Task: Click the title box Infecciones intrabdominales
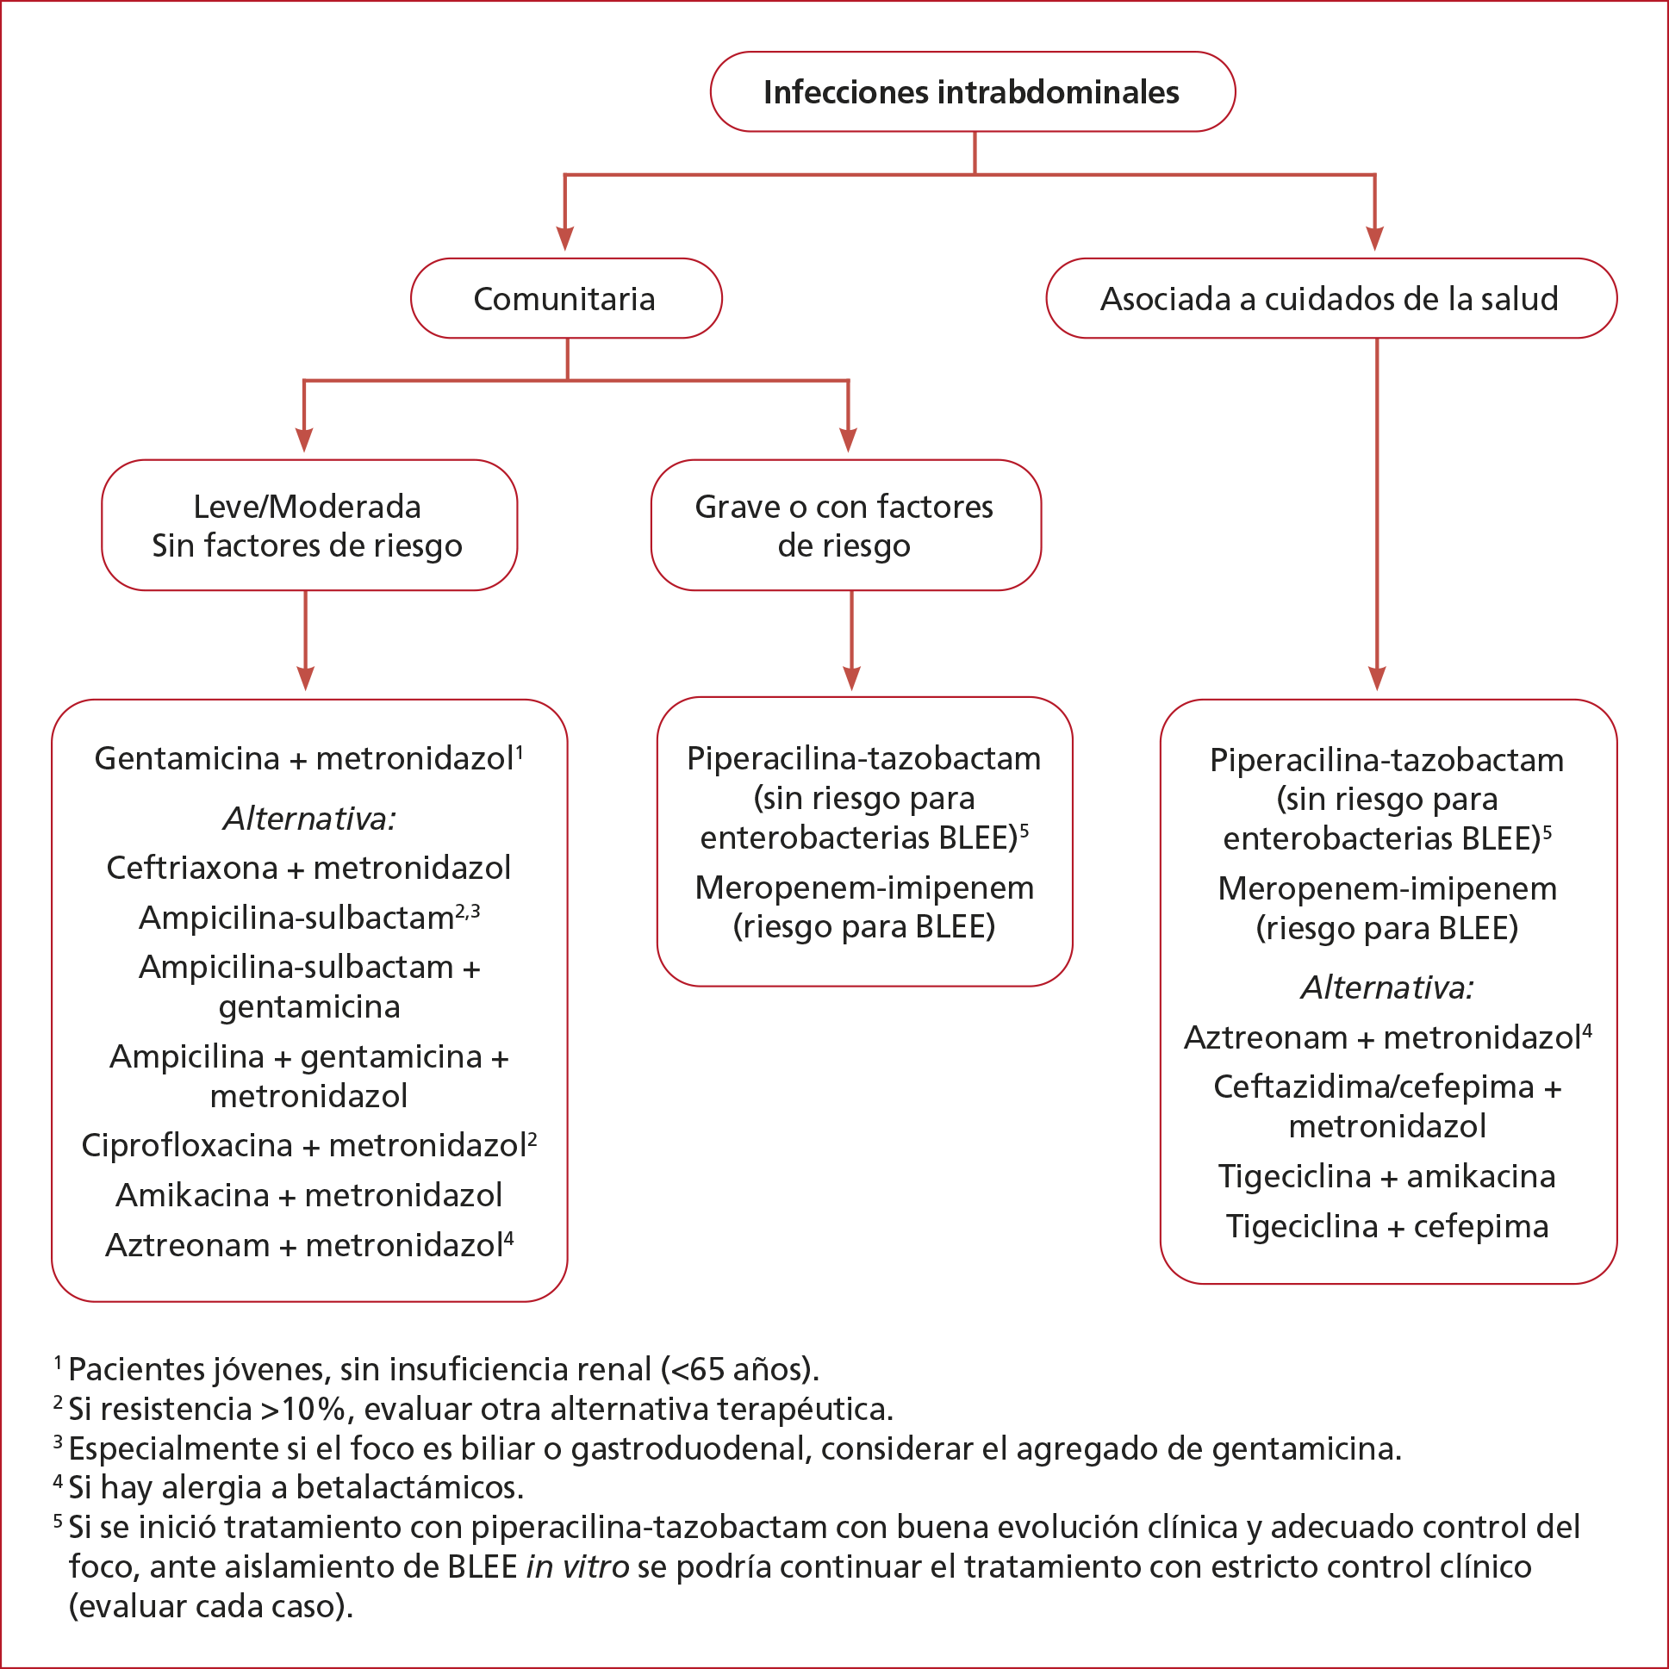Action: tap(972, 92)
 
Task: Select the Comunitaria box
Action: tap(565, 299)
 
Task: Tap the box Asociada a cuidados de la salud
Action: tap(1330, 299)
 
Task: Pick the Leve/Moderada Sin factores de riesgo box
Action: tap(308, 526)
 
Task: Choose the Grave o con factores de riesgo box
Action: tap(844, 526)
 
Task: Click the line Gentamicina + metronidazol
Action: tap(304, 758)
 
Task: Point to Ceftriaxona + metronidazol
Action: tap(308, 868)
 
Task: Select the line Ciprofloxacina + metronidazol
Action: tap(304, 1145)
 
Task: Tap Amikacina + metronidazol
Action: tap(308, 1196)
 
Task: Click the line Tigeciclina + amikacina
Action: tap(1386, 1177)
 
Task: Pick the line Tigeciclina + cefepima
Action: tap(1386, 1227)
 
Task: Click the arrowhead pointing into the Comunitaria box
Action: tap(565, 240)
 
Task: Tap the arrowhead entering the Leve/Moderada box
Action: tap(304, 440)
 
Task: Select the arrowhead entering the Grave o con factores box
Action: tap(849, 440)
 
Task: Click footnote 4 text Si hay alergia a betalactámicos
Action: tap(296, 1487)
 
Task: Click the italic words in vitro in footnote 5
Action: tap(577, 1567)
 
